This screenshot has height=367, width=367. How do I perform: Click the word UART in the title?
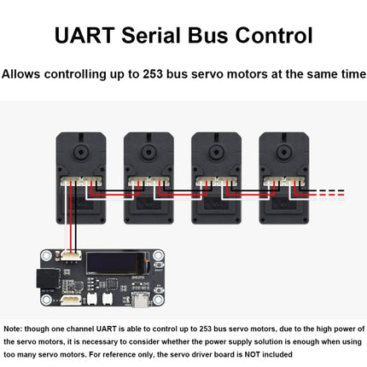(84, 35)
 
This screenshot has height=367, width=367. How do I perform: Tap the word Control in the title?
(274, 35)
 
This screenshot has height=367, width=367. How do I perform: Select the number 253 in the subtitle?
(153, 74)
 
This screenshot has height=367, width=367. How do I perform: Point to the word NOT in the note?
(253, 354)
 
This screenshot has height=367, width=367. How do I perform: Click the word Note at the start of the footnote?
(13, 329)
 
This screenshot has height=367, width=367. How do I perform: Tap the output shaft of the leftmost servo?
(81, 152)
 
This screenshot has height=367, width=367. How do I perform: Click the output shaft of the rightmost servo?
(284, 152)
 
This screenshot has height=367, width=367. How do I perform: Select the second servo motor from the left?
(149, 178)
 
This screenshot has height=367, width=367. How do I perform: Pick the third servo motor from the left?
(216, 178)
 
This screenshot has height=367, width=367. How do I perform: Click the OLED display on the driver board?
(118, 263)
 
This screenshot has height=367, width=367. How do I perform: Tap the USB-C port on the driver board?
(140, 300)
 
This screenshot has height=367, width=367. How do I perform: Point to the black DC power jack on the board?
(48, 278)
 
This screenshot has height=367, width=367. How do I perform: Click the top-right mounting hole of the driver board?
(158, 256)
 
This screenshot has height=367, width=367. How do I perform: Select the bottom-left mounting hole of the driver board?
(46, 300)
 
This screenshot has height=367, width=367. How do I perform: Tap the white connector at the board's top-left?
(71, 255)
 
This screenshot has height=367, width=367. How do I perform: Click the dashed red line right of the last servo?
(331, 195)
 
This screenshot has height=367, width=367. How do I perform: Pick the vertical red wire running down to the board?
(71, 218)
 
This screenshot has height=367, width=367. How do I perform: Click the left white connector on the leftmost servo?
(71, 182)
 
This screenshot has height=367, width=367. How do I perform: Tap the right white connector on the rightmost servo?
(294, 182)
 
